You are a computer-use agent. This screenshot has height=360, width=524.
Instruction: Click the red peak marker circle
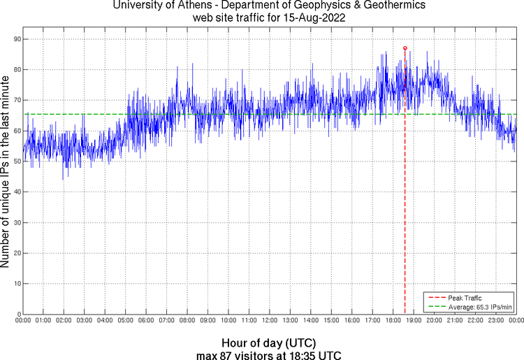tap(405, 48)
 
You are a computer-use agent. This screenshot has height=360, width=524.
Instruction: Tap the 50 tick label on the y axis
tap(17, 161)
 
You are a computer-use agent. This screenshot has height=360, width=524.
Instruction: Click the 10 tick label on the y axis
tap(17, 284)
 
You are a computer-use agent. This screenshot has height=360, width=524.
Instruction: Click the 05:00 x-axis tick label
tap(125, 321)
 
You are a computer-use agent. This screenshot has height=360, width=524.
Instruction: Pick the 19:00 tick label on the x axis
tap(414, 321)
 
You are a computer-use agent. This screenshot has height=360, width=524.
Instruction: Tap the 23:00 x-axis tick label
tap(496, 321)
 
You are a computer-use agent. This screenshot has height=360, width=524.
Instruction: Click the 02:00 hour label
tap(64, 321)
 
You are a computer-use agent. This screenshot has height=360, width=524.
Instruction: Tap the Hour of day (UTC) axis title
tap(268, 343)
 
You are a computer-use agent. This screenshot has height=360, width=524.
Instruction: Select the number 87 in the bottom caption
tap(225, 355)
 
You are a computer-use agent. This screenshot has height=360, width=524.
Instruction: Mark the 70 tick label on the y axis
tap(17, 100)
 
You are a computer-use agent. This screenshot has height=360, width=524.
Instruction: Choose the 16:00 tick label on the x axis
tap(352, 321)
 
